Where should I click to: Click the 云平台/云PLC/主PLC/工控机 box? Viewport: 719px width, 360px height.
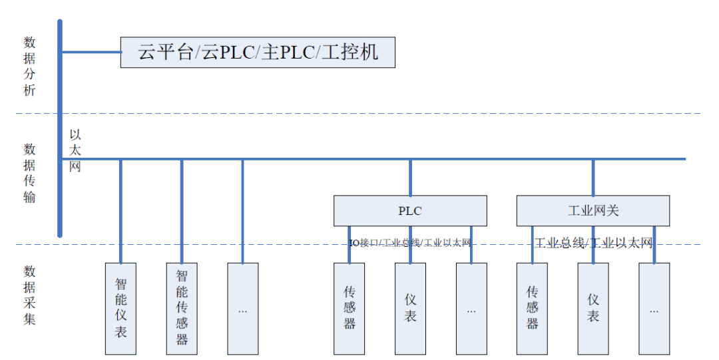pyautogui.click(x=258, y=52)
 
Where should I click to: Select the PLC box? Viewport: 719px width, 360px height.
pyautogui.click(x=410, y=211)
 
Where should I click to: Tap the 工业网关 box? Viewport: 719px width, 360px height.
pyautogui.click(x=593, y=211)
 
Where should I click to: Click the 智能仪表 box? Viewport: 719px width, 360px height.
pyautogui.click(x=120, y=308)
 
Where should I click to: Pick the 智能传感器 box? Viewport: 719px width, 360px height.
pyautogui.click(x=182, y=308)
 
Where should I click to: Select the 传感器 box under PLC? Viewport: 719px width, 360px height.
pyautogui.click(x=350, y=308)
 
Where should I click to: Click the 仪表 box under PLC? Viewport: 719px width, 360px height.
pyautogui.click(x=410, y=308)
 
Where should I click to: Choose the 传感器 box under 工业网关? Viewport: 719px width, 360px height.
pyautogui.click(x=532, y=308)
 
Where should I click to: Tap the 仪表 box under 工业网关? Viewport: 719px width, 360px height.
pyautogui.click(x=593, y=308)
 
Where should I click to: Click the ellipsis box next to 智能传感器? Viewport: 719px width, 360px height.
pyautogui.click(x=242, y=308)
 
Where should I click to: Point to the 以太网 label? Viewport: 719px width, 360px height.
pyautogui.click(x=75, y=150)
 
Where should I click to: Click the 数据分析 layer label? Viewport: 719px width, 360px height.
pyautogui.click(x=29, y=67)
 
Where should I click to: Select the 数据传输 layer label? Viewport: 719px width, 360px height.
pyautogui.click(x=29, y=173)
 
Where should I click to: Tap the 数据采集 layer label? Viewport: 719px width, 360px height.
pyautogui.click(x=29, y=295)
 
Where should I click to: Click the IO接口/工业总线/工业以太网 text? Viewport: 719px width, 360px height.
pyautogui.click(x=410, y=243)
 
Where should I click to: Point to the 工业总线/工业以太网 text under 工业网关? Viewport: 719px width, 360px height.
pyautogui.click(x=593, y=243)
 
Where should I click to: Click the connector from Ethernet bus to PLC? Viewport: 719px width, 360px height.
pyautogui.click(x=410, y=177)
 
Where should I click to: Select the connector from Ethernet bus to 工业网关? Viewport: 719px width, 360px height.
pyautogui.click(x=593, y=177)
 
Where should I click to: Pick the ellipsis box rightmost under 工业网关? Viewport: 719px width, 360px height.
pyautogui.click(x=654, y=308)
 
